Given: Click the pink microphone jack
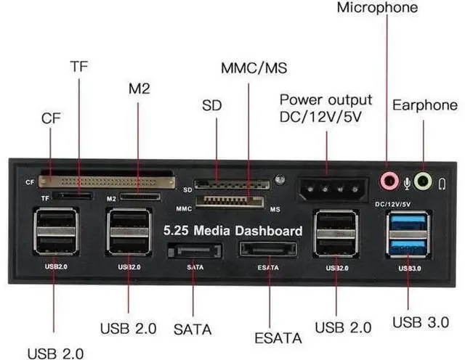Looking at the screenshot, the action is click(x=390, y=179).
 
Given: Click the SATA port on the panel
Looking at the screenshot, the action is click(x=193, y=251).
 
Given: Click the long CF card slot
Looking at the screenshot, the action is click(x=106, y=179).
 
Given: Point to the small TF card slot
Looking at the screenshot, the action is click(x=73, y=196).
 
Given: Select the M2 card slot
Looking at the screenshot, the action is click(x=140, y=196).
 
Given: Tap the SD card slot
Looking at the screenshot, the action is click(x=222, y=185).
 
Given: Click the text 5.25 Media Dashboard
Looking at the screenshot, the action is click(x=232, y=231).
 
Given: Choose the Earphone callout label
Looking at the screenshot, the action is click(x=425, y=105).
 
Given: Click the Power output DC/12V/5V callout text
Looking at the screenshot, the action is click(x=325, y=107).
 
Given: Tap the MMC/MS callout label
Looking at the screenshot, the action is click(x=254, y=69).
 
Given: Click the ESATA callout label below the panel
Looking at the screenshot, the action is click(x=278, y=337).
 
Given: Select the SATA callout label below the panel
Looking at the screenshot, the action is click(x=193, y=327).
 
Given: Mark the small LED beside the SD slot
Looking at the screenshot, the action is click(x=280, y=179).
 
